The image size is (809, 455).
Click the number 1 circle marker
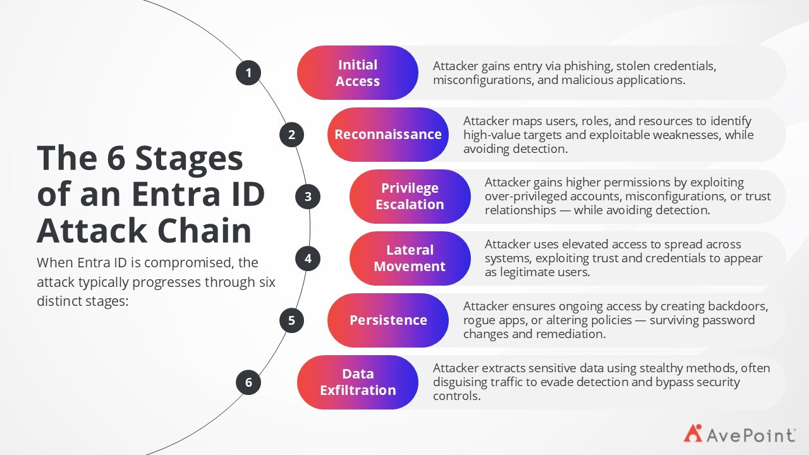pos(248,73)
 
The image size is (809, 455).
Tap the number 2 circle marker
pos(291,135)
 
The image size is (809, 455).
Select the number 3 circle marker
pos(308,197)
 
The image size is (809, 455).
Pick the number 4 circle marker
pos(308,258)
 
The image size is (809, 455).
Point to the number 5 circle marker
pos(291,320)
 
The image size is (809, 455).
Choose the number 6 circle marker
pos(248,382)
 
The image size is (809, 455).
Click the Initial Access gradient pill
pos(358,73)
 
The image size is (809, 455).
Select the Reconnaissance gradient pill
pos(388,135)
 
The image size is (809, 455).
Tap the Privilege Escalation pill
pos(410,197)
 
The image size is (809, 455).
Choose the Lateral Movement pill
pos(410,258)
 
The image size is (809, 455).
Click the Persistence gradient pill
pos(388,320)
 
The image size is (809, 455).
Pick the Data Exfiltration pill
pos(358,382)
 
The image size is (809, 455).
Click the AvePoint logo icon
pos(693,434)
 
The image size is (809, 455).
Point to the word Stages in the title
pos(189,159)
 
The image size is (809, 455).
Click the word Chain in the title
pos(204,231)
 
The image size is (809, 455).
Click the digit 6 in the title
pos(116,158)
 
